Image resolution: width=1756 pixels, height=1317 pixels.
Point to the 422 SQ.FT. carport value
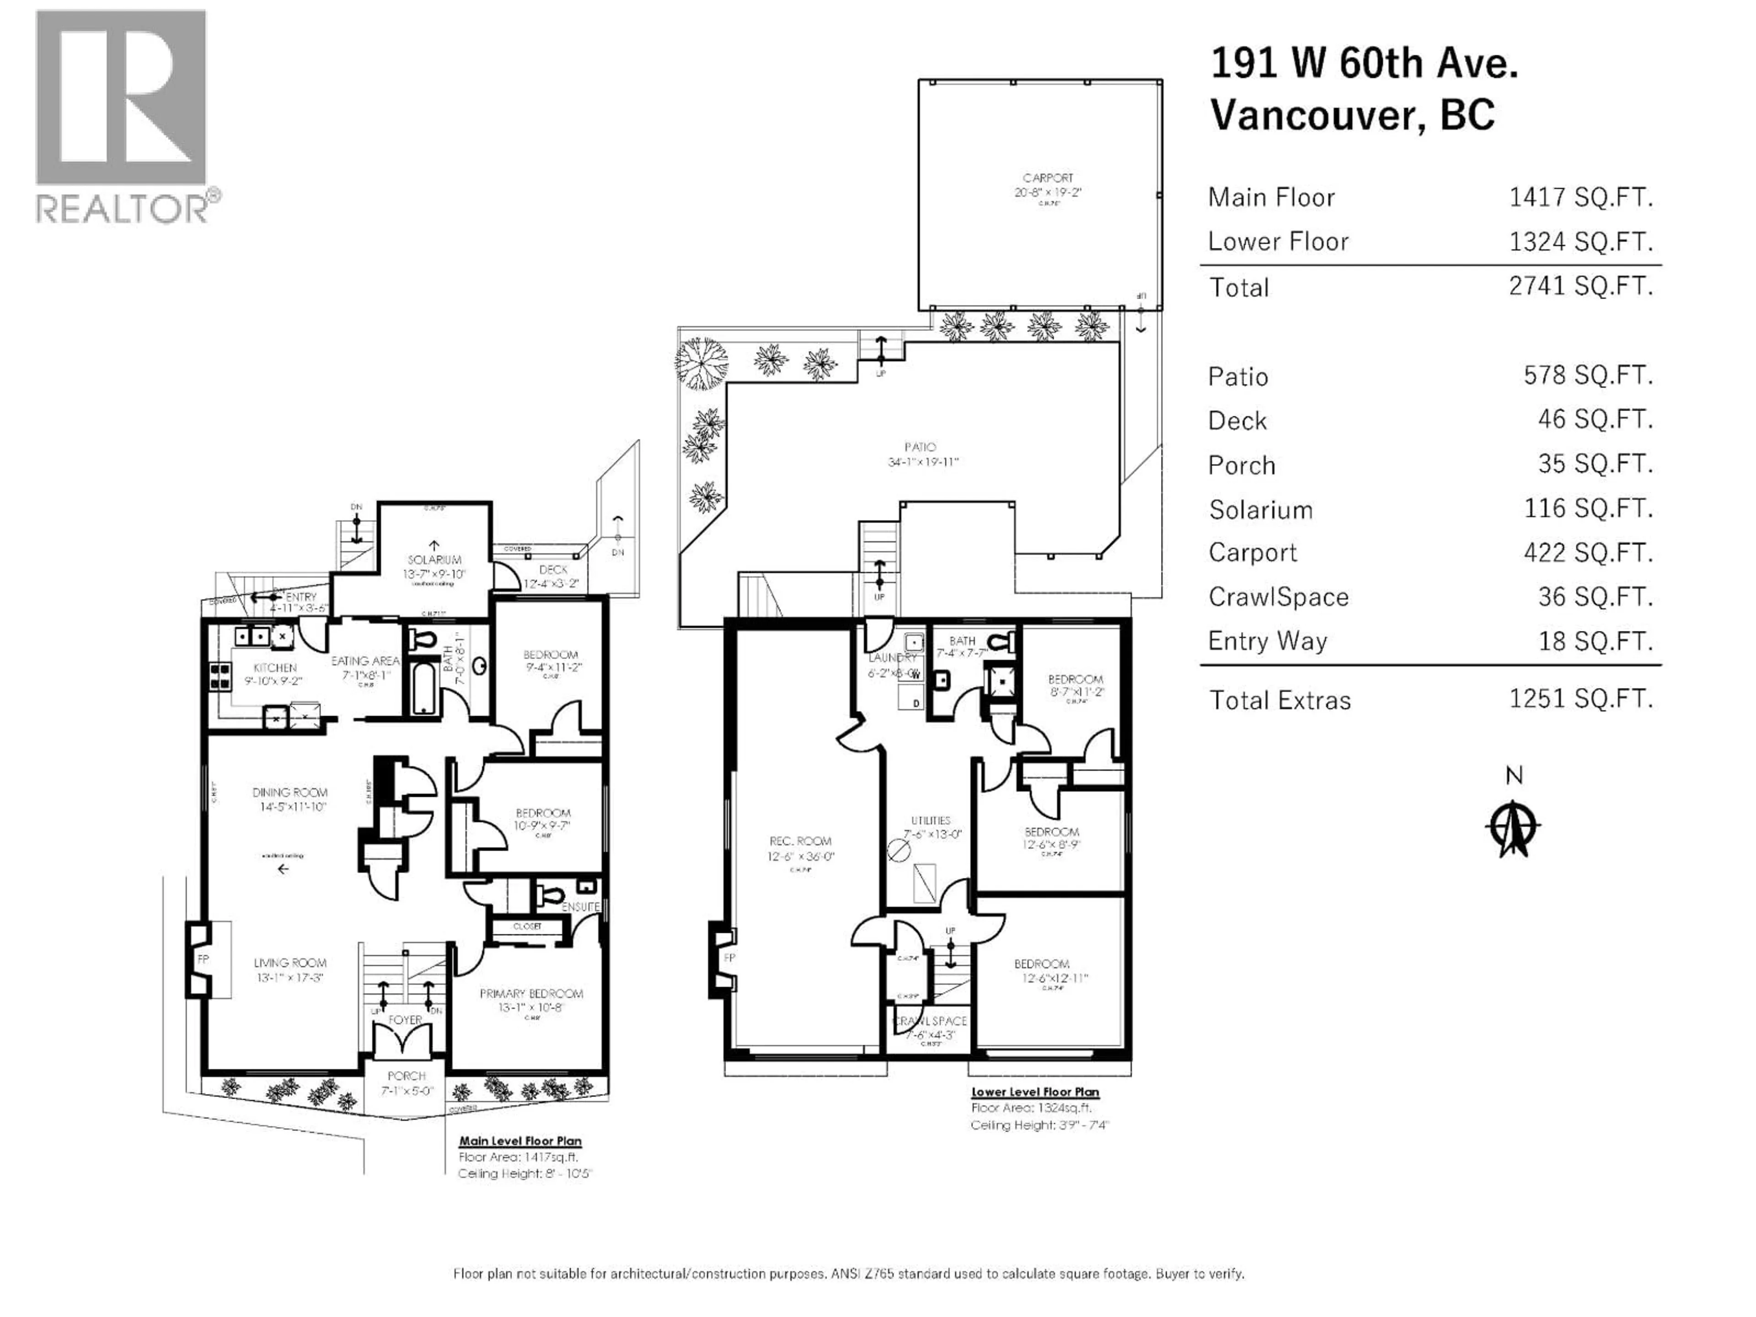point(1588,552)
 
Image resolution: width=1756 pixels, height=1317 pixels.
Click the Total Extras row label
point(1279,700)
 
